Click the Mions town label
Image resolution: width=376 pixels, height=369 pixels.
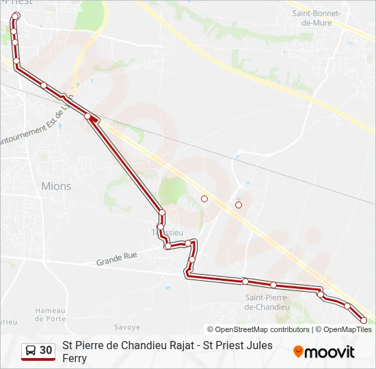click(56, 186)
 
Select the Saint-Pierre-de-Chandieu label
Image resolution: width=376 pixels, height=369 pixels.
click(267, 302)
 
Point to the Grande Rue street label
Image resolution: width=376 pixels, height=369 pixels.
click(116, 258)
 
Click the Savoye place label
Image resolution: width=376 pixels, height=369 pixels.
click(127, 327)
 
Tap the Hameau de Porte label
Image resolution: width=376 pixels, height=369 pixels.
click(51, 314)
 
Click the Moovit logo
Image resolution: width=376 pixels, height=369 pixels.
click(325, 352)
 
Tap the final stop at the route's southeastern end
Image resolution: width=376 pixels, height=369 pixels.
click(364, 320)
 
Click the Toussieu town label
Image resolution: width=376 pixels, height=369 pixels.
click(167, 232)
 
